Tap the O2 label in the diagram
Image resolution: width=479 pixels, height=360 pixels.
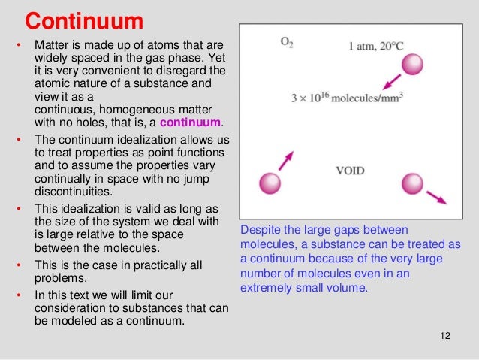pos(287,44)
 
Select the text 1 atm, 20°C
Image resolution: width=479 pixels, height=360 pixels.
pos(376,47)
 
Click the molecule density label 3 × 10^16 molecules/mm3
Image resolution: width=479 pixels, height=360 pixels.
pos(347,98)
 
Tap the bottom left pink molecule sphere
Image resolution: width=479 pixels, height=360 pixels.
pos(269,183)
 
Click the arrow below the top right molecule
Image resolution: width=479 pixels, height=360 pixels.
pos(389,80)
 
